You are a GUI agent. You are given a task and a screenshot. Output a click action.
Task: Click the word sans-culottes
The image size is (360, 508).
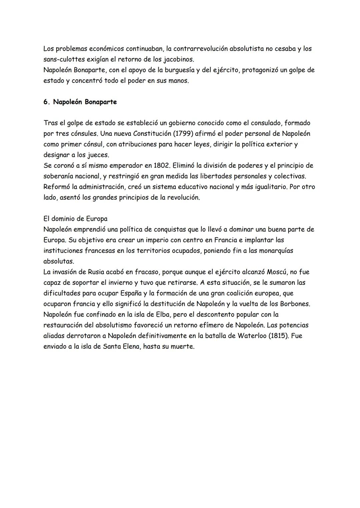(x=63, y=59)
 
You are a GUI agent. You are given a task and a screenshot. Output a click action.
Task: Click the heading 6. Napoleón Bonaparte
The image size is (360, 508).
(x=80, y=102)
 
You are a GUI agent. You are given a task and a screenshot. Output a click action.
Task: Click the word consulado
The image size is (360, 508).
(x=260, y=123)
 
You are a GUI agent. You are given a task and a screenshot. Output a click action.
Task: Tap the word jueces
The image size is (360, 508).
(x=98, y=155)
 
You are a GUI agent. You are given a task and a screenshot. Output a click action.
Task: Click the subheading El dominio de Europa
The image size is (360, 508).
(x=75, y=219)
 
